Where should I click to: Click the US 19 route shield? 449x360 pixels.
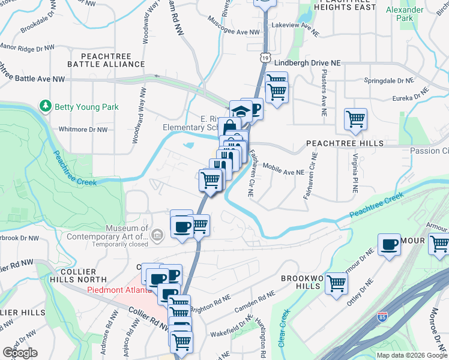pos(265,57)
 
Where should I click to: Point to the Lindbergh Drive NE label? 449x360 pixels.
pos(307,62)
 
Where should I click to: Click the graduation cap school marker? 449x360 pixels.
pos(241,112)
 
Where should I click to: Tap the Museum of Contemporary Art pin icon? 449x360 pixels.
pos(157,235)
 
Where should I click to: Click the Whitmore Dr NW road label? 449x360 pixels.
pos(83,129)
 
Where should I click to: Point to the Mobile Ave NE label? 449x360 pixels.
pos(283,171)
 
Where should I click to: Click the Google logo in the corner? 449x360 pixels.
pos(20,353)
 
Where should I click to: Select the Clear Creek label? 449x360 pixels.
pos(282,328)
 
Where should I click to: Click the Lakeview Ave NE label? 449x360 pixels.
pos(293,26)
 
